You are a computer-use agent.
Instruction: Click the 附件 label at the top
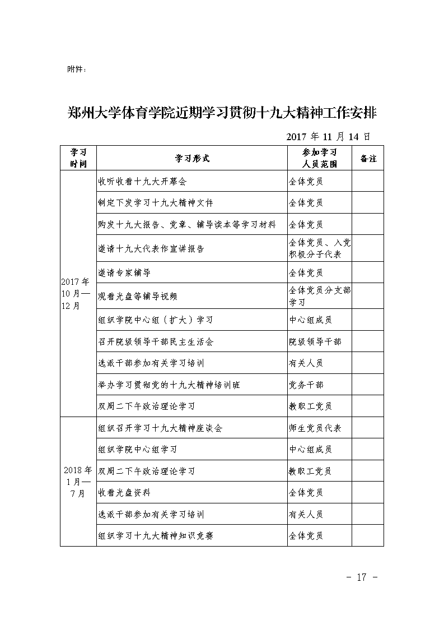76,70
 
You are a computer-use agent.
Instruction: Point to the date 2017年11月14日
328,136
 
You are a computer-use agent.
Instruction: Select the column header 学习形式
192,159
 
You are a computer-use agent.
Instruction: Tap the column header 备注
368,159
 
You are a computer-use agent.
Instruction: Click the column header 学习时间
78,159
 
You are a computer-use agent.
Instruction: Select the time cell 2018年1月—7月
78,482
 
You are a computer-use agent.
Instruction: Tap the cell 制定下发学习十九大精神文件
155,202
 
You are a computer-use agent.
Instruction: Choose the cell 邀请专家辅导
124,272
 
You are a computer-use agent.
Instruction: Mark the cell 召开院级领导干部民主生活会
155,341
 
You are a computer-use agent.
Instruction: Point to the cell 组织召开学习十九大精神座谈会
160,428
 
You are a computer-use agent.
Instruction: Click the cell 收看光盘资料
124,492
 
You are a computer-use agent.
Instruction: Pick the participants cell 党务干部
306,385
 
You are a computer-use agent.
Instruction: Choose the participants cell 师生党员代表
315,428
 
